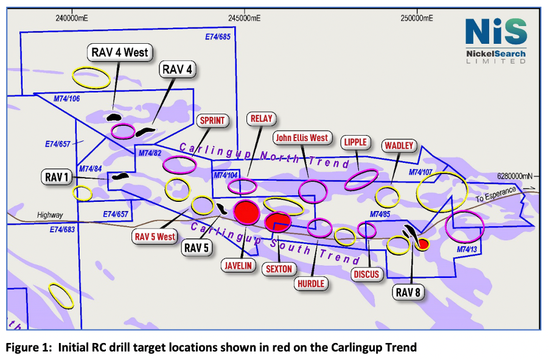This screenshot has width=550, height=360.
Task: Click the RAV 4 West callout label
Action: click(x=120, y=52)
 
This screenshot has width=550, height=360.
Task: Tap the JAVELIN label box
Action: click(x=238, y=265)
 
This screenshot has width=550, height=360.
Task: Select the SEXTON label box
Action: click(x=279, y=269)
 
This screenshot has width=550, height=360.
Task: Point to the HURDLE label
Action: click(x=311, y=283)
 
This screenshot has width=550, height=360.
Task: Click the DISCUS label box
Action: click(x=366, y=274)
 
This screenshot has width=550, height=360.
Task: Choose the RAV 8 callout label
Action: click(x=408, y=292)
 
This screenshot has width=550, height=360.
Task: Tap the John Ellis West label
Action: click(x=302, y=138)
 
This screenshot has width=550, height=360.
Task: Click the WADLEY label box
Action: click(x=399, y=145)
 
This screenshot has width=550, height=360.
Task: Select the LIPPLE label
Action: click(x=355, y=142)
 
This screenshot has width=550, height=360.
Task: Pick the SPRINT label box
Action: click(x=212, y=120)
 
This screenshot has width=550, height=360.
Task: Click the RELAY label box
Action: click(x=262, y=119)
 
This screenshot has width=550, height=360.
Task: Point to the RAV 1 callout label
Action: click(x=57, y=177)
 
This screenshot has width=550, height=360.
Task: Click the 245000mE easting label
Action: click(x=245, y=18)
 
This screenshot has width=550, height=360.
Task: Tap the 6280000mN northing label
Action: click(x=515, y=176)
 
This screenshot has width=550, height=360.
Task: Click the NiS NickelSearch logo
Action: click(x=496, y=41)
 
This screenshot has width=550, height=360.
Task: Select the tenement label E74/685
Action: click(x=218, y=37)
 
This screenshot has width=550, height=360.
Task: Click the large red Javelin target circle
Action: click(x=247, y=212)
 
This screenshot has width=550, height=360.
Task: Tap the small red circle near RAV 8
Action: click(x=423, y=244)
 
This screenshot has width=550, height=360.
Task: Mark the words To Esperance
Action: click(x=496, y=194)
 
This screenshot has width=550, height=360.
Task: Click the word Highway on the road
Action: click(x=50, y=215)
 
